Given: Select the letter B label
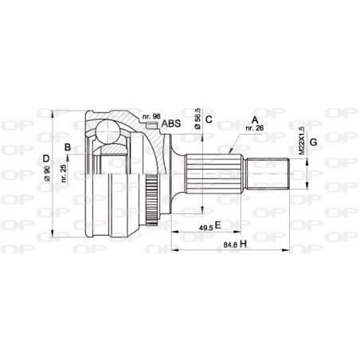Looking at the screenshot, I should point(68,146).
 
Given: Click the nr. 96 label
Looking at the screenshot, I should point(151,116).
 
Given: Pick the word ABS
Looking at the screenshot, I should point(170,123).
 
